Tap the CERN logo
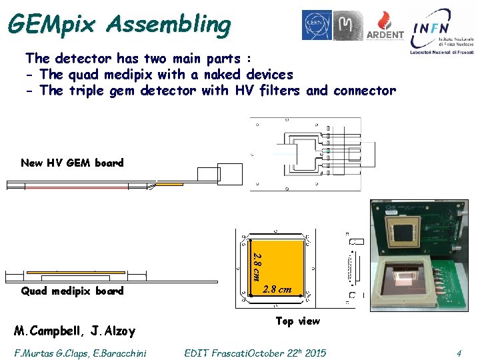coord(316,25)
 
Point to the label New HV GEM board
coord(72,163)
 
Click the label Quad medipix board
coord(72,291)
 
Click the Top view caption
coord(297,321)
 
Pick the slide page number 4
coord(459,353)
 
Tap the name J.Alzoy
coord(113,331)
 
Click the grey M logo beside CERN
coord(348,25)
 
